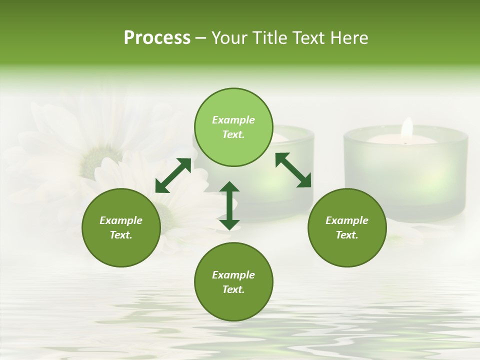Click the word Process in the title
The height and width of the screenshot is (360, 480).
157,38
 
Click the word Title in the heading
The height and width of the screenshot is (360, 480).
268,38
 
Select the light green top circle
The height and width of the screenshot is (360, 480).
233,127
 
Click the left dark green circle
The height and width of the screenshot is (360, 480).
121,227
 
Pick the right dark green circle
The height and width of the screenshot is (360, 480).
347,227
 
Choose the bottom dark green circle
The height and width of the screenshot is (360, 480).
233,282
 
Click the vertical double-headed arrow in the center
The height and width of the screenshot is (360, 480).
229,205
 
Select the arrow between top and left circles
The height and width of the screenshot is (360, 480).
173,175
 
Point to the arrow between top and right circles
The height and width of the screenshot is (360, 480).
293,170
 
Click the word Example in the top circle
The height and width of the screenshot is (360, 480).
233,120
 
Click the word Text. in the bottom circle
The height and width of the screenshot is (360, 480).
233,289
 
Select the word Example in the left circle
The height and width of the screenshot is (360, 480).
121,220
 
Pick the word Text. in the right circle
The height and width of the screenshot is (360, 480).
347,235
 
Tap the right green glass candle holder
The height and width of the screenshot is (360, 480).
405,170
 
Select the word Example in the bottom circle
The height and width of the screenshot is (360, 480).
233,275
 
